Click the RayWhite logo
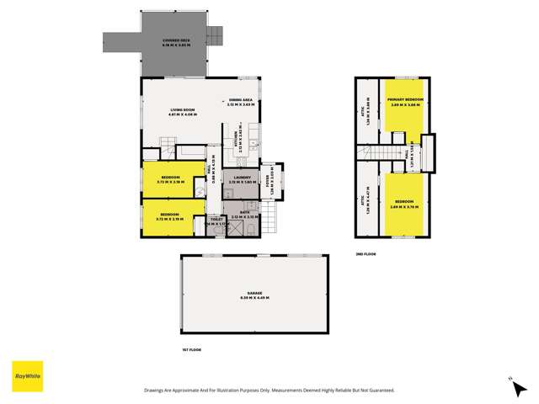27,376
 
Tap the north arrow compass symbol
510,380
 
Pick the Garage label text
254,295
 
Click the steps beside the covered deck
216,35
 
